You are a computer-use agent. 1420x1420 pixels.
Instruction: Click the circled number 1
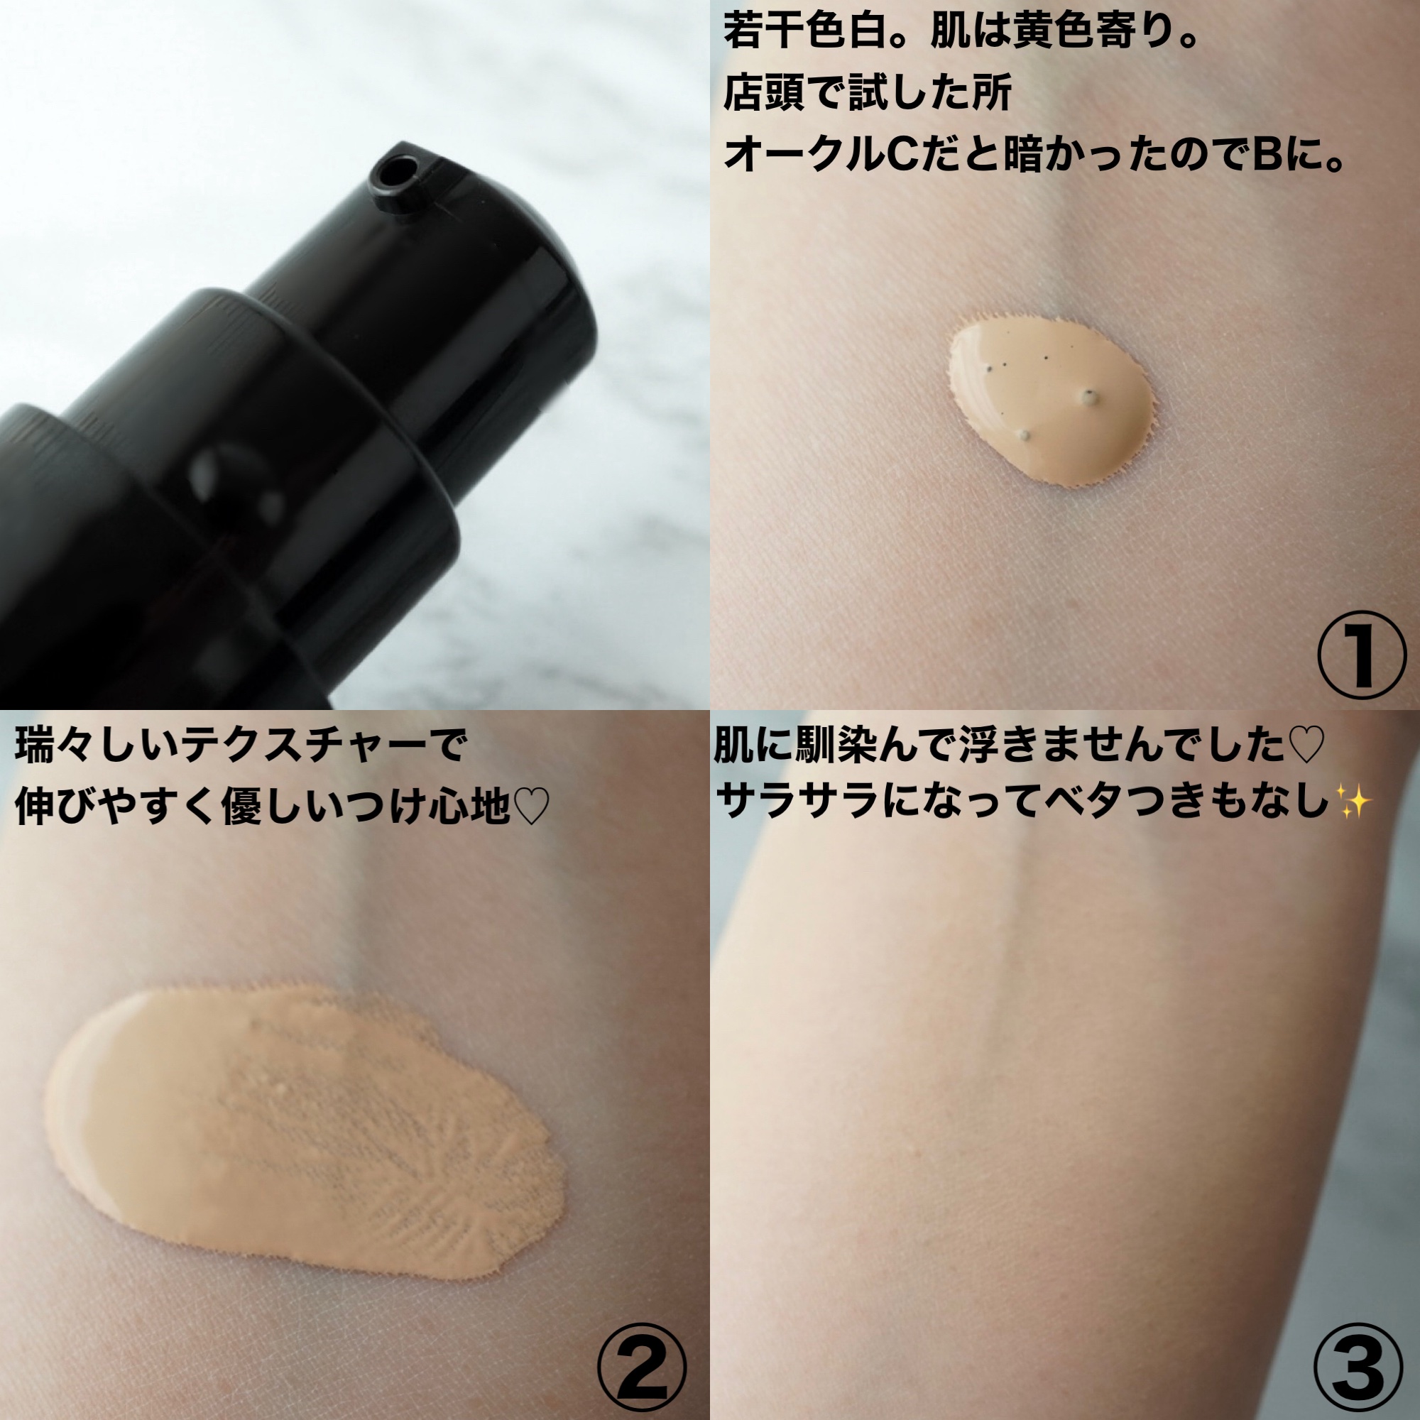coord(1360,655)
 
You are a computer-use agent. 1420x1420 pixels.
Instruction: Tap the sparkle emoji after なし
coord(1353,800)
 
